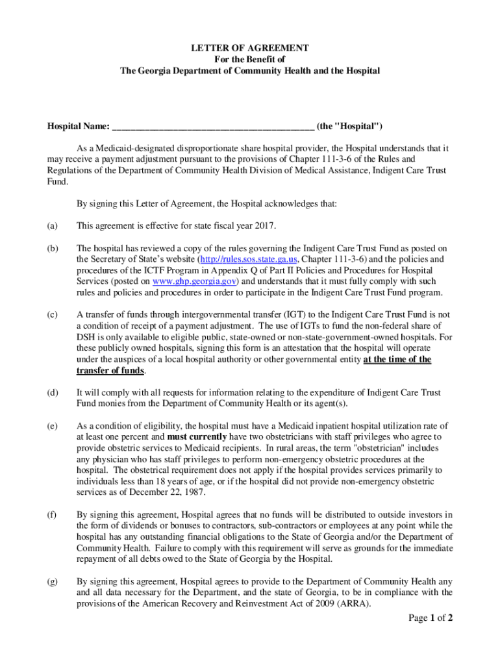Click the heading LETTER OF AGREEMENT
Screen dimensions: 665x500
click(x=249, y=49)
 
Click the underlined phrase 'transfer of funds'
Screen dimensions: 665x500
click(x=110, y=370)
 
